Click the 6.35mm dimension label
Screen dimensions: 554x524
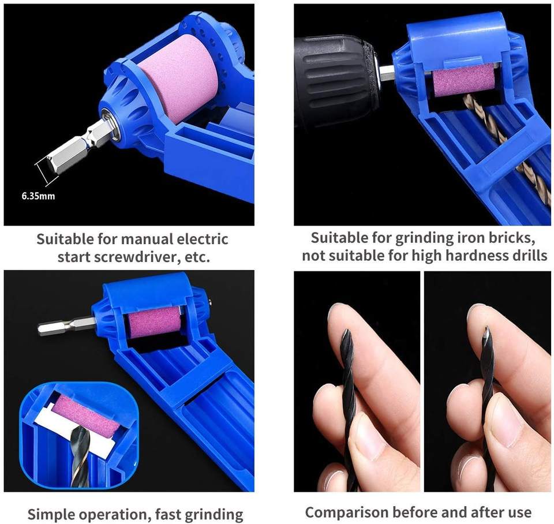38,196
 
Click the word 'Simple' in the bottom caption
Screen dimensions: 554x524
51,514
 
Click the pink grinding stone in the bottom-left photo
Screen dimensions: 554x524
154,322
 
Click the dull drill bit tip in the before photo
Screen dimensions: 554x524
346,334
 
